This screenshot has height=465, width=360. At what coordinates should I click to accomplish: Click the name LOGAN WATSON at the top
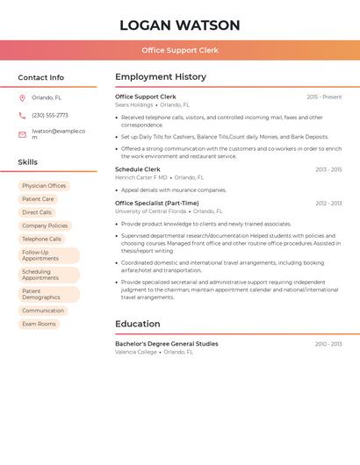pos(179,25)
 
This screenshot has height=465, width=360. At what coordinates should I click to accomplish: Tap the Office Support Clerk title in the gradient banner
pos(180,50)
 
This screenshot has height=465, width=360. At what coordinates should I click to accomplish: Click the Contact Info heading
pos(40,77)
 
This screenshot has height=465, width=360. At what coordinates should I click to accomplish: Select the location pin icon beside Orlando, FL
pos(22,98)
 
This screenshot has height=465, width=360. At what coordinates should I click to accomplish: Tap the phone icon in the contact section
pos(22,116)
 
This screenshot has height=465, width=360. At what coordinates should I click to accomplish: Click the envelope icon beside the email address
pos(22,134)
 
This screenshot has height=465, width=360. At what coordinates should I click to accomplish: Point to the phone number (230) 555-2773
pos(50,116)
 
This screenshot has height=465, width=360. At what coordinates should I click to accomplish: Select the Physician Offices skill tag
pos(44,186)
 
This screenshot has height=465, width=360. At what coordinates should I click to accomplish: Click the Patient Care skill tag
pos(38,199)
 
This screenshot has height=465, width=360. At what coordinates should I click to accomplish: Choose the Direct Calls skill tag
pos(37,212)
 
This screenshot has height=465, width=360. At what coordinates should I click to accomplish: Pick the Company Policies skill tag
pos(45,225)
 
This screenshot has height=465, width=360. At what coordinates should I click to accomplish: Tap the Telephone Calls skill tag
pos(42,239)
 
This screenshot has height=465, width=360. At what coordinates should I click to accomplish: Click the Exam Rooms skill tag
pos(39,324)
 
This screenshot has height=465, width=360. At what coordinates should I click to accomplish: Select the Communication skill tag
pos(43,311)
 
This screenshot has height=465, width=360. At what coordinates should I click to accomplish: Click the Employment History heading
pos(161,77)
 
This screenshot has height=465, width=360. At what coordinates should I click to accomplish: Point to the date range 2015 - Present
pos(324,97)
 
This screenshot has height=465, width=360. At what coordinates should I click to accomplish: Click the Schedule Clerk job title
pos(138,169)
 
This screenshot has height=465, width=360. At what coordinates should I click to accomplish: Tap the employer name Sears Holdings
pos(133,104)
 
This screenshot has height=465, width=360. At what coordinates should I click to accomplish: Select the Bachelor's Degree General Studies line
pos(167,344)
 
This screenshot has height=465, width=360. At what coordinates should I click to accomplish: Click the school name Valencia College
pos(136,352)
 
